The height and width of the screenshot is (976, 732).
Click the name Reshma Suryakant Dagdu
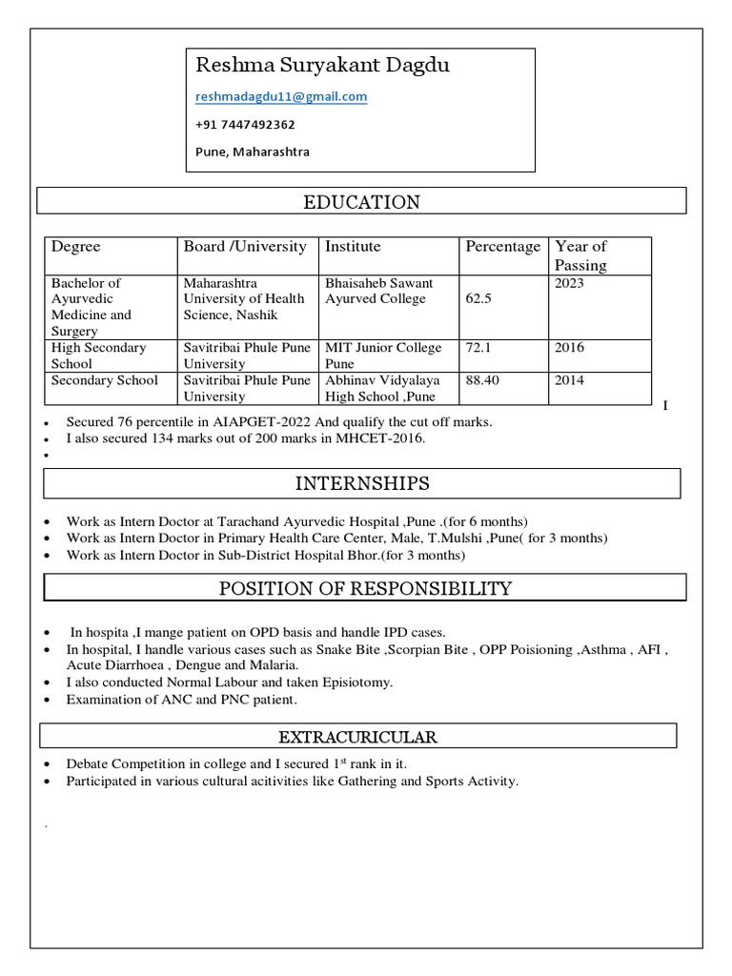coord(309,66)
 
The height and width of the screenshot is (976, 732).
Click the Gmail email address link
coord(281,97)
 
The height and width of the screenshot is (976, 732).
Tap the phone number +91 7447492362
coord(245,125)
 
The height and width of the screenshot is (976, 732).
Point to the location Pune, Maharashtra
coord(253,152)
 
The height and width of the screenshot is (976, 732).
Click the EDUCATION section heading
coord(361,202)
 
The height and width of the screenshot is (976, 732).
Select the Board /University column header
coord(245,247)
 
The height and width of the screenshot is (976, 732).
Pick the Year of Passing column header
coord(580,255)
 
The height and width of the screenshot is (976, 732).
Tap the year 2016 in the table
coord(569,348)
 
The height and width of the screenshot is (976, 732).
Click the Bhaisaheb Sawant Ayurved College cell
coord(379,291)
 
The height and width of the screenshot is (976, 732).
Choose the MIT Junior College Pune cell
coord(383,356)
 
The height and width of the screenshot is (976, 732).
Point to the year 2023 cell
coord(569,283)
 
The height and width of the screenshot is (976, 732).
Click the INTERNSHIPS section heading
coord(361,483)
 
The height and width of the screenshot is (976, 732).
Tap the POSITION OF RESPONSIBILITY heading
coord(365,588)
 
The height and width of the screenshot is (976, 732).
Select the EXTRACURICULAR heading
coord(357,737)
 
